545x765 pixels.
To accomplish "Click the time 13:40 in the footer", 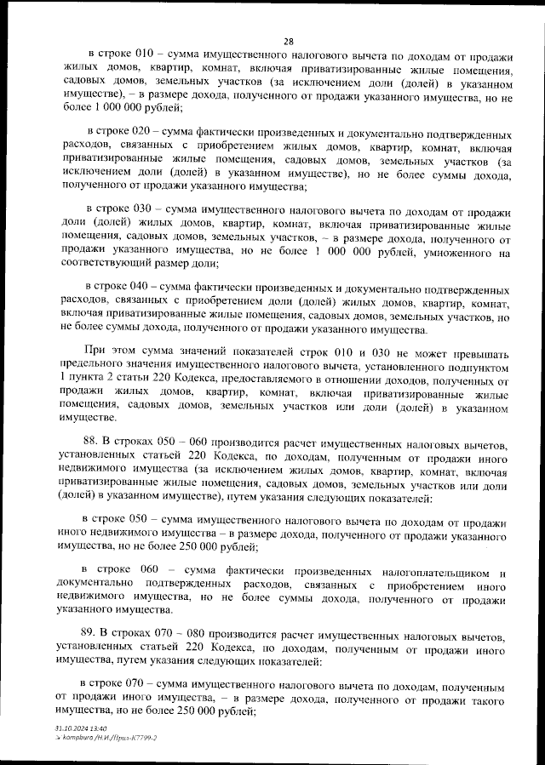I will (x=95, y=728).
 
